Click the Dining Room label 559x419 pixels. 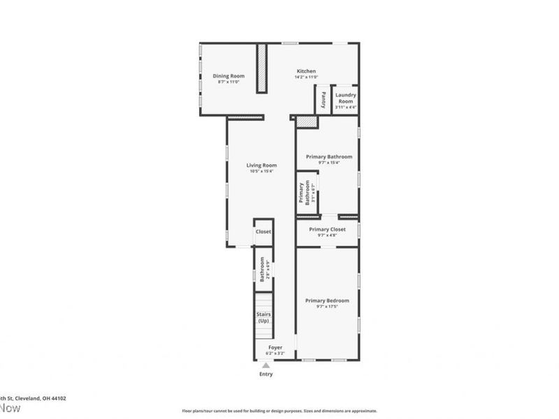pos(228,75)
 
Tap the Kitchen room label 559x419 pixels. pos(306,71)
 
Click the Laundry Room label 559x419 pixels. pos(346,98)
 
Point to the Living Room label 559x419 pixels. pos(261,165)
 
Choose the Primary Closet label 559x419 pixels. pos(327,229)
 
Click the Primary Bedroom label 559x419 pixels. pos(327,300)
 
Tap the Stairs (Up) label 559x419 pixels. pos(263,318)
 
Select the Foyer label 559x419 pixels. pos(276,347)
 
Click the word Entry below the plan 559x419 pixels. pos(266,374)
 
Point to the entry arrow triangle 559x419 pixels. pos(266,365)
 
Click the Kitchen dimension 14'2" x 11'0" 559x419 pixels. pos(306,78)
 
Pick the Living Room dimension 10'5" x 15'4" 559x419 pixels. pos(261,171)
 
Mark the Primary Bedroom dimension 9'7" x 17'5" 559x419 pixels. pos(327,307)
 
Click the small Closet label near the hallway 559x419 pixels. pos(263,231)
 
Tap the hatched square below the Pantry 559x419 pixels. pos(306,122)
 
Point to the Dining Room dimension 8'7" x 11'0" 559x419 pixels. pos(228,82)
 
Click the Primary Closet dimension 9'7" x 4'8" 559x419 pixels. pos(327,235)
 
